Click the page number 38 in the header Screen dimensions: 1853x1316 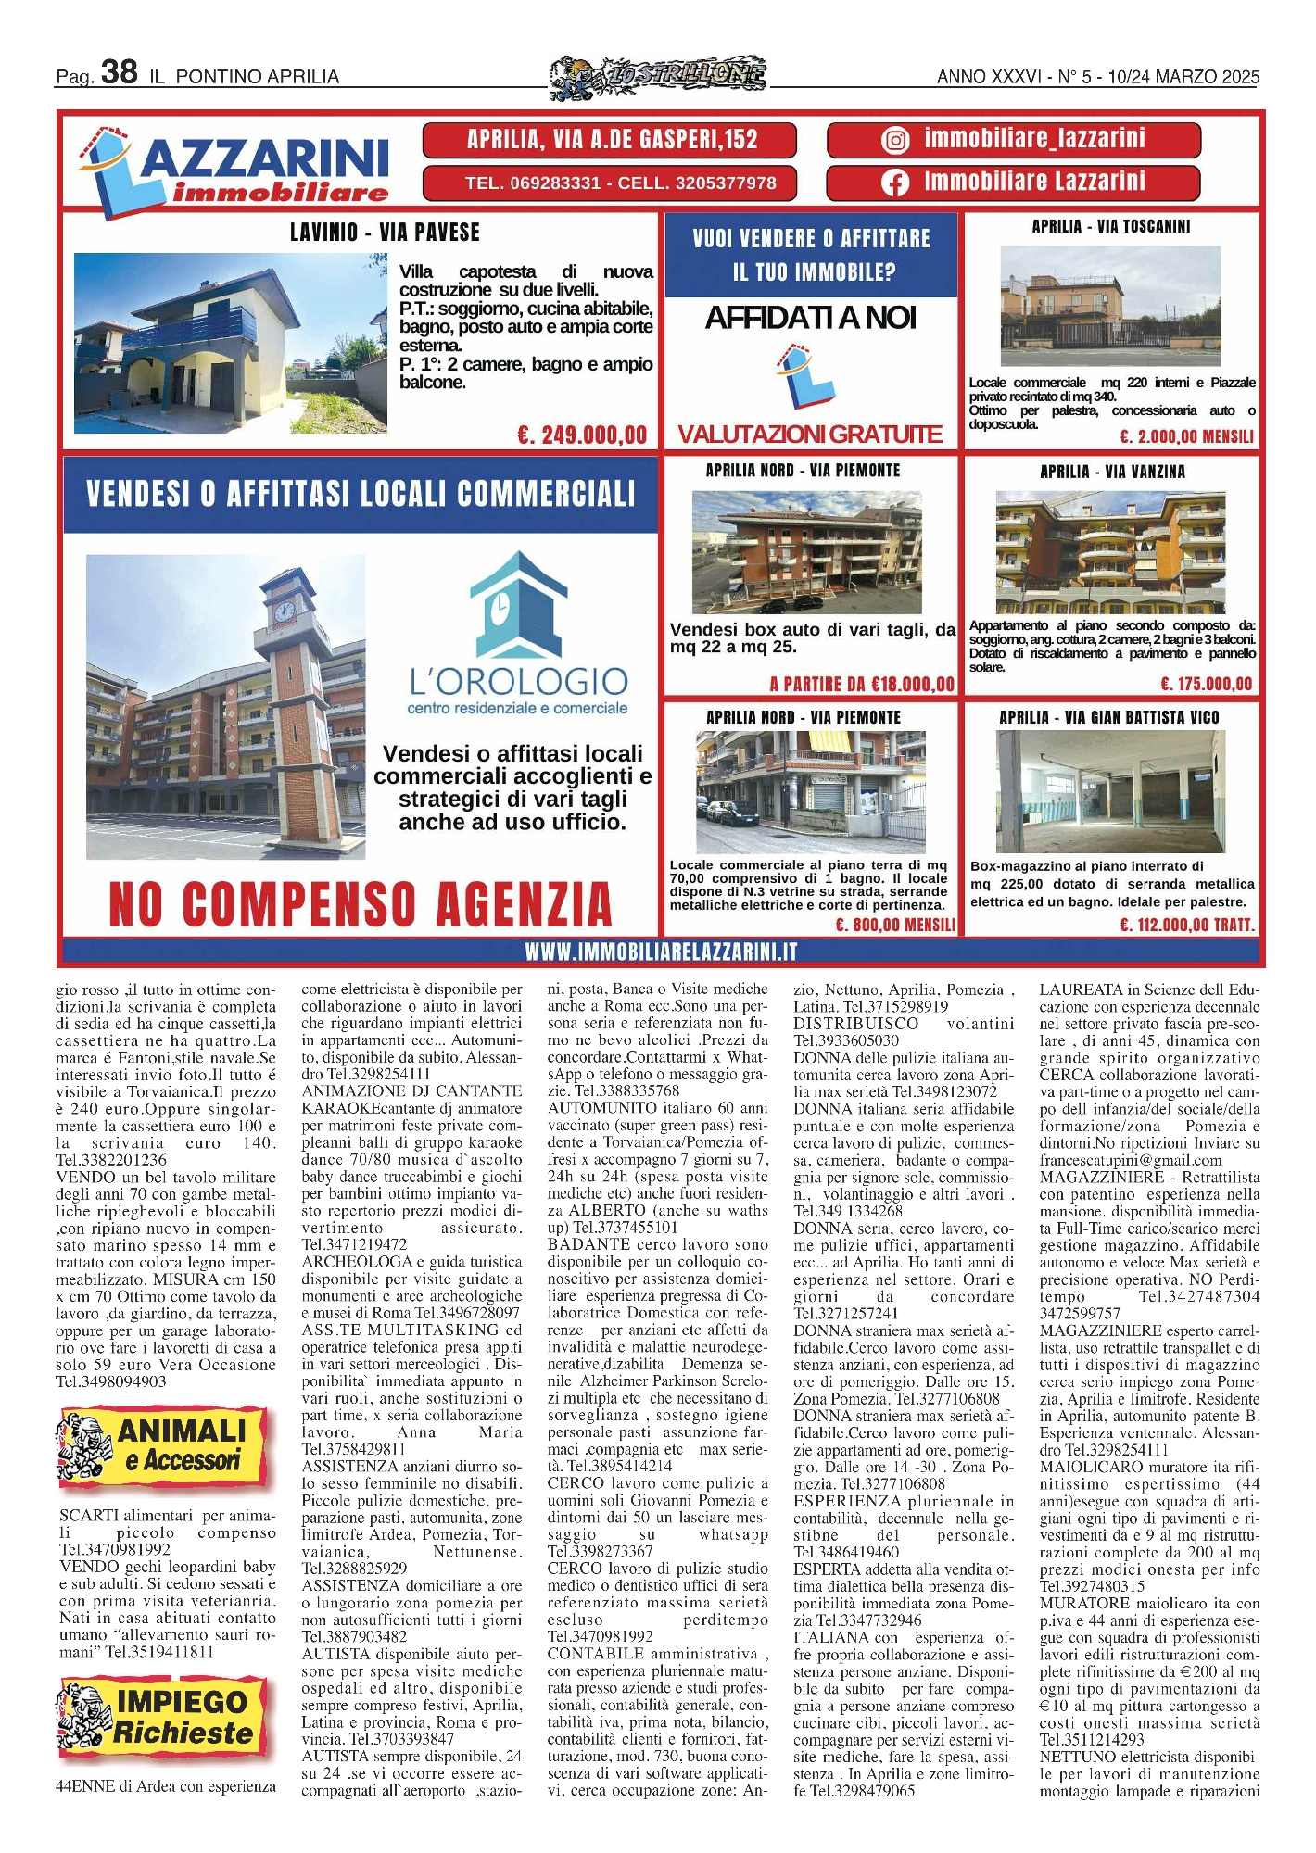click(119, 71)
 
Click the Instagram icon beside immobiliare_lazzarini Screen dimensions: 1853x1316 click(894, 140)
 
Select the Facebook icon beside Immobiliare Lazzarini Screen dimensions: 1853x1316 click(894, 183)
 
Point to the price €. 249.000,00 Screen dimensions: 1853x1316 click(582, 435)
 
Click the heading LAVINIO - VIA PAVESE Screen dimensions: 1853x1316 click(385, 232)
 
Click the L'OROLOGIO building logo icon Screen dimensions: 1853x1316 click(518, 604)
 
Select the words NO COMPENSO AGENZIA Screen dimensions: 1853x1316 click(361, 903)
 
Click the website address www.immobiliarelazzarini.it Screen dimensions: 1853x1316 click(661, 952)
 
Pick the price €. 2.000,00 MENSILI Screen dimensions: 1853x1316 click(1186, 436)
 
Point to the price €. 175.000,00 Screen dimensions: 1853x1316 click(1206, 684)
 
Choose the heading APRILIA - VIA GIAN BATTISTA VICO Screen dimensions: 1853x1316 click(1109, 717)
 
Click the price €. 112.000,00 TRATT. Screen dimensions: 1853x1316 click(1186, 925)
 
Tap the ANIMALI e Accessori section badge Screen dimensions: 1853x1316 click(163, 1444)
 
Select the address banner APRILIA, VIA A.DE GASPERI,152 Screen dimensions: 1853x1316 click(611, 140)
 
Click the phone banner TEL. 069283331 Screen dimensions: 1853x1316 click(611, 183)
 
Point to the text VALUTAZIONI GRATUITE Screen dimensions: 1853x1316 click(810, 434)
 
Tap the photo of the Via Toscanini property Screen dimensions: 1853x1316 click(1110, 307)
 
